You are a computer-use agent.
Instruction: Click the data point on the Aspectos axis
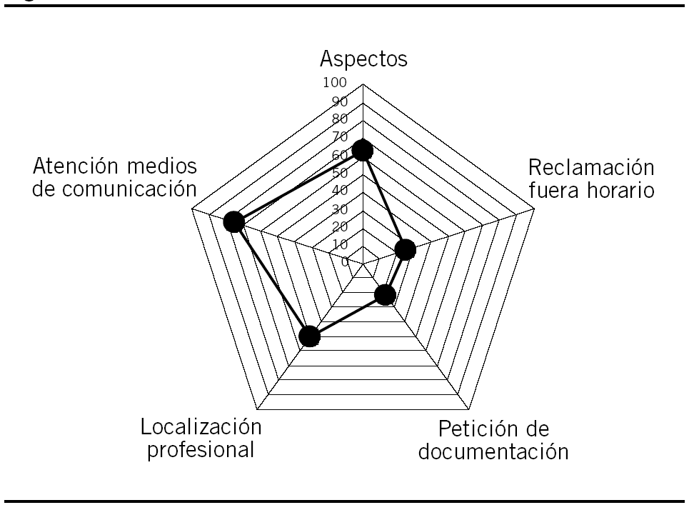363,151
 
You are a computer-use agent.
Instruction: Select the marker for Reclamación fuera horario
405,249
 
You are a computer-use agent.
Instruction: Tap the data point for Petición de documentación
386,294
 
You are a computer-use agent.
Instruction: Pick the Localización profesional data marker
309,336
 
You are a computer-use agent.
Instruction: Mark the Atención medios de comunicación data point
233,222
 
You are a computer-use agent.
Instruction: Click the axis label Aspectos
363,59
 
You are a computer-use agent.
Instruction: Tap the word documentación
493,452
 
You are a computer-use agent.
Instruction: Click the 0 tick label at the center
344,262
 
